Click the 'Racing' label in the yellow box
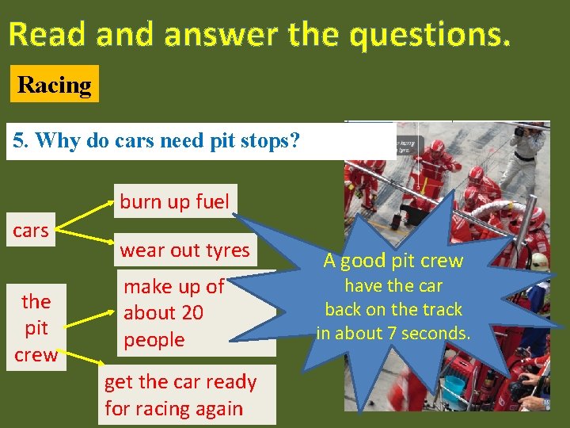tap(54, 85)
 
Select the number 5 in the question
tap(18, 141)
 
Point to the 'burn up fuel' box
tap(174, 201)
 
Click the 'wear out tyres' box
tap(184, 250)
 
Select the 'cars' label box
tap(31, 231)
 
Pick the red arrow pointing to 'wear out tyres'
tap(87, 241)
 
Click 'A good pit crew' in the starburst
tap(393, 261)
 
